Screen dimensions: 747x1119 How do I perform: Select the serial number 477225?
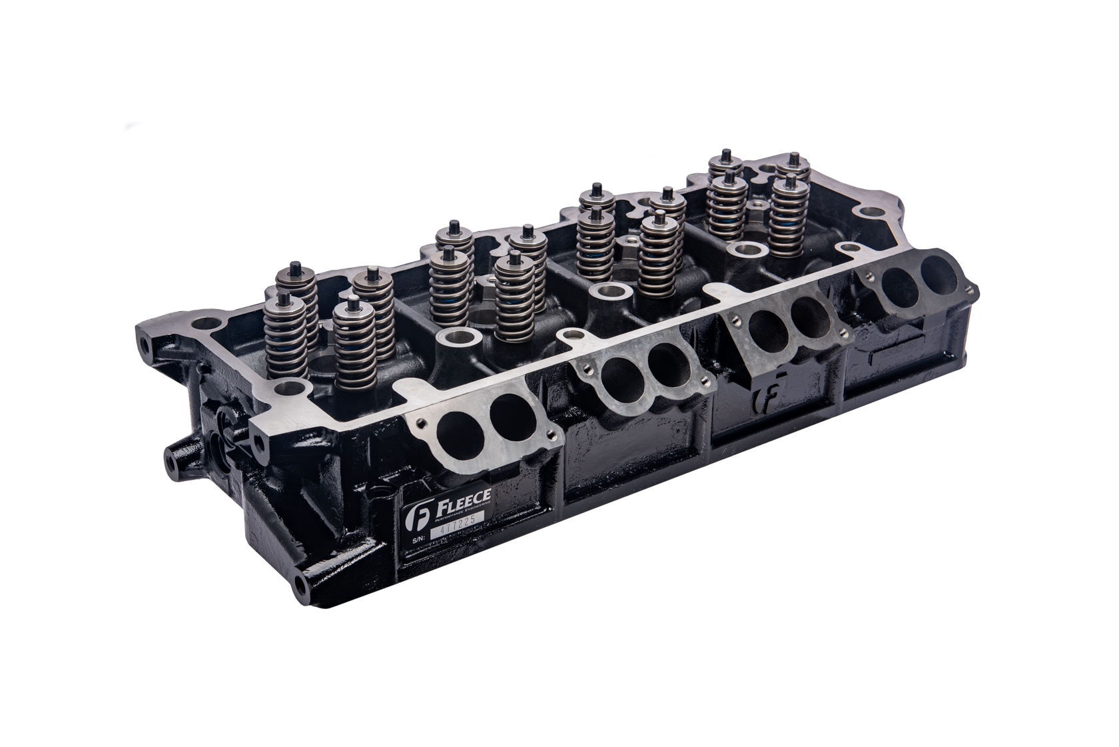(457, 526)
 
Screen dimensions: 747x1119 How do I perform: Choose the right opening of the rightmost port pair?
(939, 273)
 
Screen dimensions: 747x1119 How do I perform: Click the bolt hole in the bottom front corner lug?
(300, 587)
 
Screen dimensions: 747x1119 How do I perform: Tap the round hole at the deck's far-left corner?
(206, 325)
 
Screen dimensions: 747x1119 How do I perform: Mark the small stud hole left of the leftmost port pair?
(420, 422)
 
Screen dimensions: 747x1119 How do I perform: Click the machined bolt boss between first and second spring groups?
(458, 337)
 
